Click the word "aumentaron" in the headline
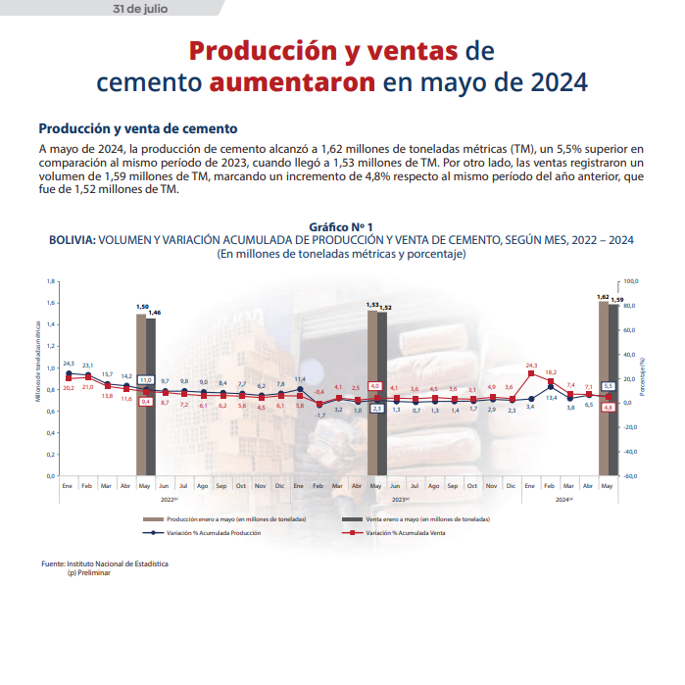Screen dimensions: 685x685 tap(292, 81)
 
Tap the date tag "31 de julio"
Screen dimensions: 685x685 tap(148, 9)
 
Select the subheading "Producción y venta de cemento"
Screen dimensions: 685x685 tap(137, 129)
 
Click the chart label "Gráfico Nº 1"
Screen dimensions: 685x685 tap(341, 226)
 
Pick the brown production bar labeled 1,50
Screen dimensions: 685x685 tap(141, 392)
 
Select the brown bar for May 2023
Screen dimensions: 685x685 tap(372, 392)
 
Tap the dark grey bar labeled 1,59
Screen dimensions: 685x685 tap(614, 392)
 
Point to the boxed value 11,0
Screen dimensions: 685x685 tap(146, 379)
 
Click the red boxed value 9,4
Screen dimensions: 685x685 tap(146, 402)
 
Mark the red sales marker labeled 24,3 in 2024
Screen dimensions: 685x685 tap(531, 373)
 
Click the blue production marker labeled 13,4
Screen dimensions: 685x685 tap(551, 385)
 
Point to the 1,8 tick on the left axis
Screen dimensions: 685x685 tap(51, 281)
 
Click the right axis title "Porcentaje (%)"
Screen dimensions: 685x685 tap(643, 376)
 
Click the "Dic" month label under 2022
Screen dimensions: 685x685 tap(280, 486)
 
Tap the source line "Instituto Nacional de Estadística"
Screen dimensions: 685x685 tap(118, 564)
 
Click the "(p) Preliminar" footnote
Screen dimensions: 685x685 tap(89, 572)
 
